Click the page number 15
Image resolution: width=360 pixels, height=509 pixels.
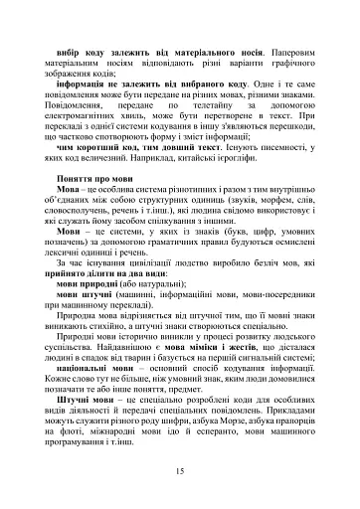[x=179, y=471]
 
